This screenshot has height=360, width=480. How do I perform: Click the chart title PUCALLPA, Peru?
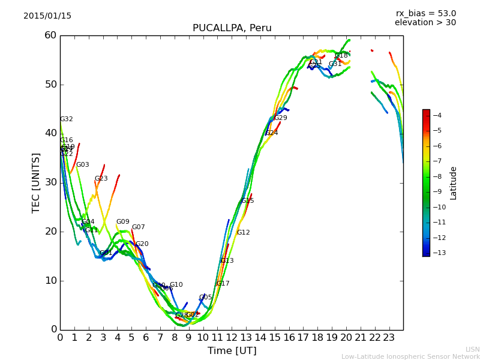click(x=232, y=28)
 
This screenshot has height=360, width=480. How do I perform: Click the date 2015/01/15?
click(x=47, y=16)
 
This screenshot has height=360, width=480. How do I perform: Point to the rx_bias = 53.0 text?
click(x=425, y=14)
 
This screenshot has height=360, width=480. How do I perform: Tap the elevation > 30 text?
click(x=425, y=23)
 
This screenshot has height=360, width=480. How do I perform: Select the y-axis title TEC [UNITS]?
click(x=36, y=182)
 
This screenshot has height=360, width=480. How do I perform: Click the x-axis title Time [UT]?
click(x=232, y=351)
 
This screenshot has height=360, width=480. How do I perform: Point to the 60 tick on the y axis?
click(x=50, y=35)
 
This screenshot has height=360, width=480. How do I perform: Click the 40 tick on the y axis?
click(x=50, y=133)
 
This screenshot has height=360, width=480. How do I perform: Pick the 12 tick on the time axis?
click(x=232, y=338)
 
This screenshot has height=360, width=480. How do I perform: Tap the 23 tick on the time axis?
click(x=389, y=338)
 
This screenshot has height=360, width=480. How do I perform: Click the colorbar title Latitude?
click(x=454, y=183)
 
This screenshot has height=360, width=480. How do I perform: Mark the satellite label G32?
click(x=67, y=119)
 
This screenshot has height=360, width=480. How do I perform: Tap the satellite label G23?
click(x=101, y=179)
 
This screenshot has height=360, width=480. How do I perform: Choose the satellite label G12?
click(x=244, y=233)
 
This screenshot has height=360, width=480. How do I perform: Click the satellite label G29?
click(x=281, y=118)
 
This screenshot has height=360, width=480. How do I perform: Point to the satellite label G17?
click(x=223, y=284)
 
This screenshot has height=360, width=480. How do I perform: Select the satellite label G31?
click(x=335, y=64)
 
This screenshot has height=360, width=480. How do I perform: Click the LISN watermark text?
click(x=473, y=349)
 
